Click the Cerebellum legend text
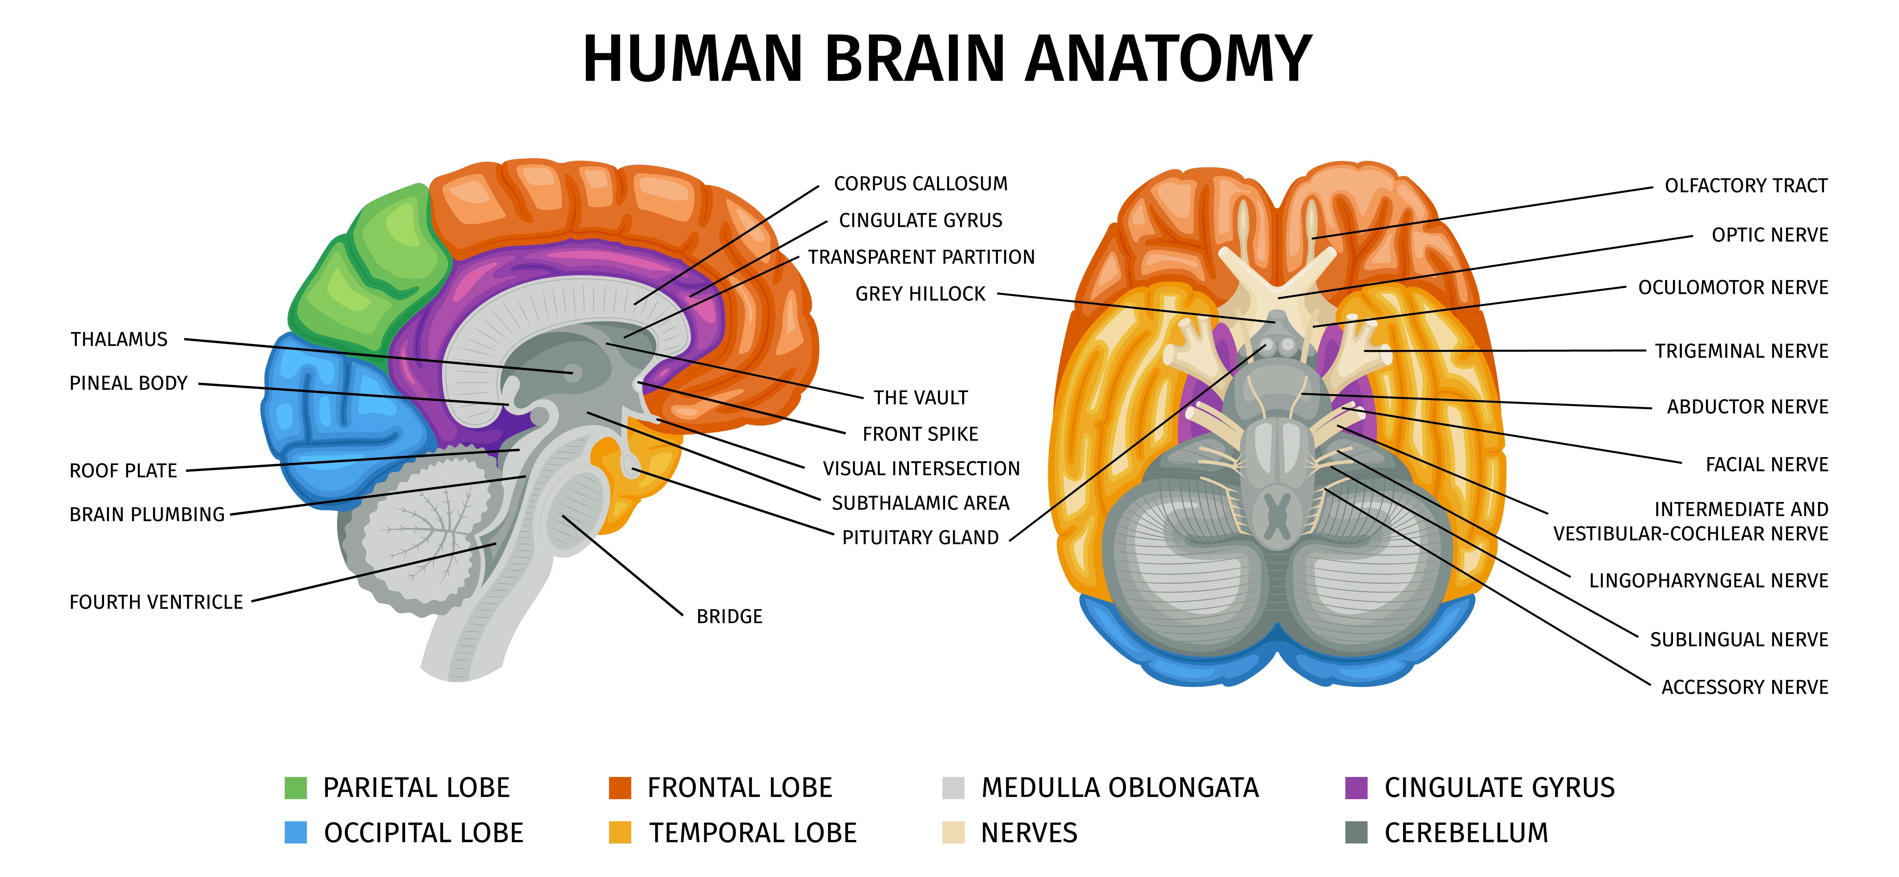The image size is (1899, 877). (x=1466, y=833)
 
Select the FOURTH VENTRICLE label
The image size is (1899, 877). (x=156, y=602)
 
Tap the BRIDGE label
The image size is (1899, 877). (x=730, y=616)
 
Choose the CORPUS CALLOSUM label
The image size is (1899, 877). (x=921, y=183)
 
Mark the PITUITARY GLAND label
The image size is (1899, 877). (x=921, y=537)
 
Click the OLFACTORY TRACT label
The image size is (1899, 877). (x=1746, y=186)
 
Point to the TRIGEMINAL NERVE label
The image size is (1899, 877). (x=1742, y=351)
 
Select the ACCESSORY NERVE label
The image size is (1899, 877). (x=1745, y=687)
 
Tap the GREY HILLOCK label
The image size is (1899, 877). (x=920, y=294)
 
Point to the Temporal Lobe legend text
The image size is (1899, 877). (x=753, y=833)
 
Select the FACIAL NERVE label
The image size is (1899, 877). (x=1767, y=464)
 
